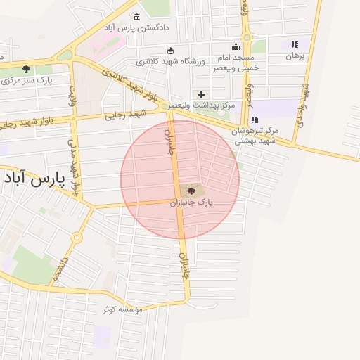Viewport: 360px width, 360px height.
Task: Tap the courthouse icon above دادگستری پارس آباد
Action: [x=136, y=16]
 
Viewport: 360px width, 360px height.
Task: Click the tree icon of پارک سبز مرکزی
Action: [x=27, y=69]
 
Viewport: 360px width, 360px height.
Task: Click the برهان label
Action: [x=295, y=56]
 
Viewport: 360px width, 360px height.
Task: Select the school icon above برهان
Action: [x=295, y=44]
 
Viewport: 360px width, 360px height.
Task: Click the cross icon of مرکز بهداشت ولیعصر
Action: [x=202, y=94]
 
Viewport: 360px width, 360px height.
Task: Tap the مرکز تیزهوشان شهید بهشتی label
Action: [x=257, y=136]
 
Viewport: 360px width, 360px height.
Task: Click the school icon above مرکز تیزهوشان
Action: [x=254, y=120]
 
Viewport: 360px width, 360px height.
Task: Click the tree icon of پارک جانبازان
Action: [x=191, y=190]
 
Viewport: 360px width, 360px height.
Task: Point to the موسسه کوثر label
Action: [x=122, y=309]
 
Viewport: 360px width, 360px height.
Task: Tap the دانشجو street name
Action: [x=62, y=269]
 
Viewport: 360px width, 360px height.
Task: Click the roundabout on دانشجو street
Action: [x=76, y=238]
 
